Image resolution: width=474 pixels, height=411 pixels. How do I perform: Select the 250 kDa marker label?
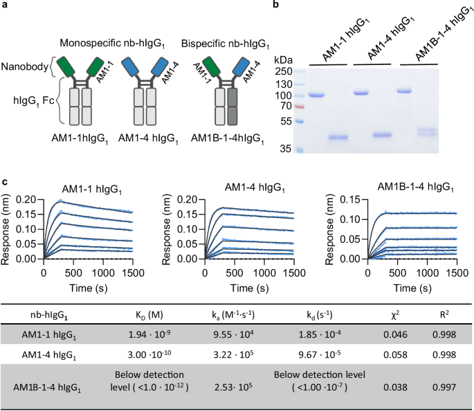pyautogui.click(x=283, y=71)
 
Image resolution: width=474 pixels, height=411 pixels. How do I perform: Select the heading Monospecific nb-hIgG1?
pyautogui.click(x=112, y=44)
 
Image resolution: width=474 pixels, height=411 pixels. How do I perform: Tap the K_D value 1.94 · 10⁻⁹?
pyautogui.click(x=161, y=334)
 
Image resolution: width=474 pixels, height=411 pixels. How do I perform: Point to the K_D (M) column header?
pyautogui.click(x=161, y=313)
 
